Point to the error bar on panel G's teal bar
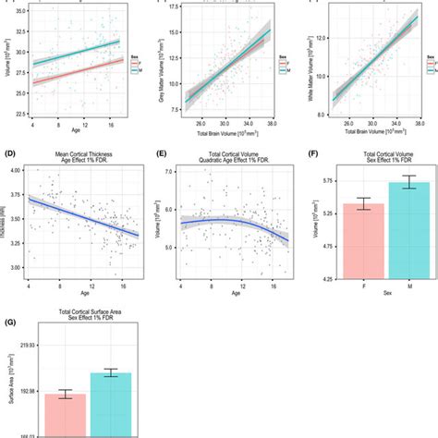click(111, 373)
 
